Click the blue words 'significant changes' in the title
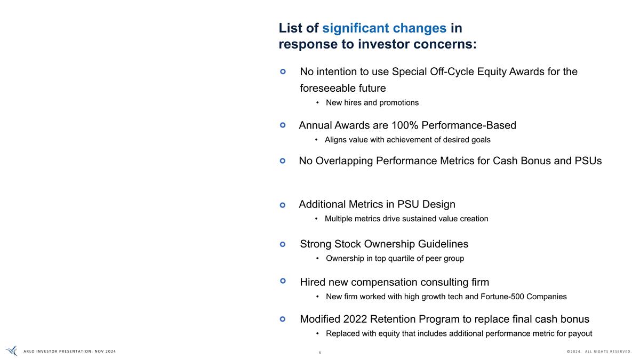click(x=384, y=28)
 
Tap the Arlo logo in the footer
click(x=11, y=351)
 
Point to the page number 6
click(x=320, y=353)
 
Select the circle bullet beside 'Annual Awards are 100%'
click(x=283, y=125)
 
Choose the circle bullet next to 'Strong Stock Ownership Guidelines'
click(x=283, y=244)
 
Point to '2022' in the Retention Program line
click(x=355, y=319)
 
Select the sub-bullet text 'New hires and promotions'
click(x=372, y=102)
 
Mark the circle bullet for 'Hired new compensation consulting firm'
click(x=283, y=280)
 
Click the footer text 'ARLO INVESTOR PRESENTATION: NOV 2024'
click(x=70, y=351)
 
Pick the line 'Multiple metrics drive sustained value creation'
click(x=406, y=219)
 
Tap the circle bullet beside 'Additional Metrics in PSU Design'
click(x=283, y=205)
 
